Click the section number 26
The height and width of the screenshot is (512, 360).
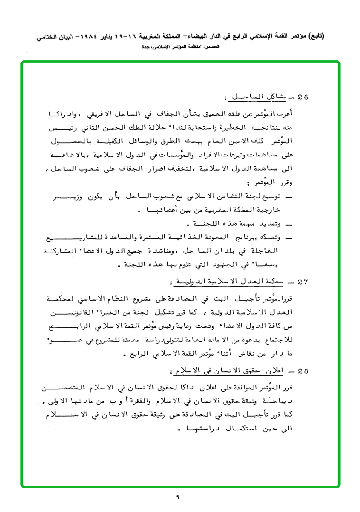[303, 97]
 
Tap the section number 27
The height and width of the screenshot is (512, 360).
[303, 282]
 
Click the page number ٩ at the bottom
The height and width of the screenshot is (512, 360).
[177, 497]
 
